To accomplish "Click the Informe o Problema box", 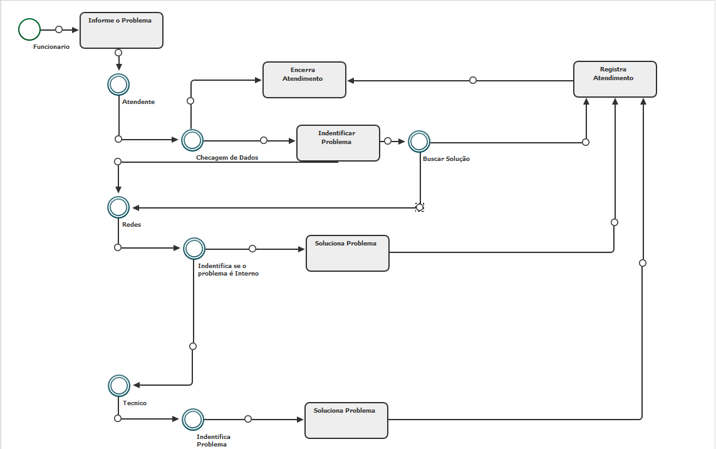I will [122, 30].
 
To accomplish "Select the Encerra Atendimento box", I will [304, 80].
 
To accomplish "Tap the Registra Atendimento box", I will [615, 79].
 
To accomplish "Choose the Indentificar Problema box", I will [338, 143].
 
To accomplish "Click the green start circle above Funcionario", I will [29, 29].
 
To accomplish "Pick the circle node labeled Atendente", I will [118, 84].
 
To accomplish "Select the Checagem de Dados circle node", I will [192, 140].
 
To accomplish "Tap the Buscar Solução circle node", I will [419, 142].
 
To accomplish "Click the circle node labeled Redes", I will [118, 207].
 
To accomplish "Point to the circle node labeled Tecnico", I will [118, 386].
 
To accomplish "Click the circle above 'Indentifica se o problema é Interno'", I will [194, 249].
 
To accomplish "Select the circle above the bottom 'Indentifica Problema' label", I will [193, 419].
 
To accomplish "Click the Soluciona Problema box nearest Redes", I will [347, 253].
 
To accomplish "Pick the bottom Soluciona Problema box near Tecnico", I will [346, 420].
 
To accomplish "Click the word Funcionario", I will [51, 47].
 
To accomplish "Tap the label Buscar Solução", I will [446, 159].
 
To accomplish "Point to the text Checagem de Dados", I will [227, 158].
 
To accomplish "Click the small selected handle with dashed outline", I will [420, 207].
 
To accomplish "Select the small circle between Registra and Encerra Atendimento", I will [473, 80].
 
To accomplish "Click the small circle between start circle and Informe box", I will [59, 29].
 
